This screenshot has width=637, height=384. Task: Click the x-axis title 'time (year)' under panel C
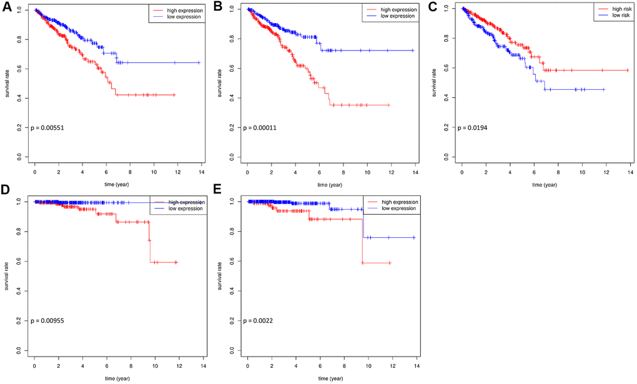[x=545, y=184]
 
